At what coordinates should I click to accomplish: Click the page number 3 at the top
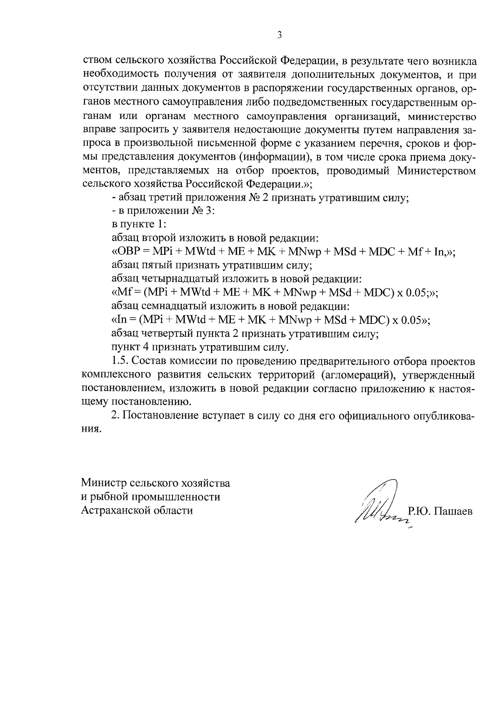[280, 35]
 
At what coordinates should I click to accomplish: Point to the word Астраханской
[114, 510]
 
